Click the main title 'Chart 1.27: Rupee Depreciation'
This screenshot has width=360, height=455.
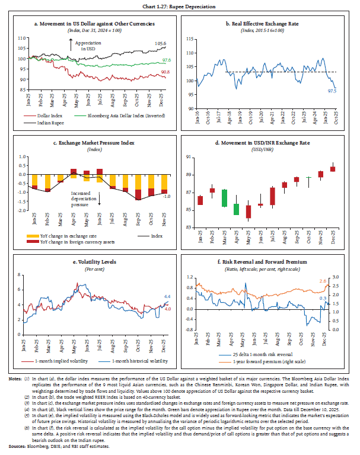pyautogui.click(x=180, y=7)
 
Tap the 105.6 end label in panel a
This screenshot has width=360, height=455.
pyautogui.click(x=161, y=43)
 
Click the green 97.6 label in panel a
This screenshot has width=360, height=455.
pyautogui.click(x=167, y=60)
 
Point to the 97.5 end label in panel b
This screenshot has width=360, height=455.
pyautogui.click(x=332, y=91)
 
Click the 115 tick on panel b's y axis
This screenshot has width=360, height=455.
pyautogui.click(x=190, y=39)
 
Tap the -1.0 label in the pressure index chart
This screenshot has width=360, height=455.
pyautogui.click(x=167, y=196)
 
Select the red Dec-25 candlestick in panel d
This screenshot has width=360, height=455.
pyautogui.click(x=333, y=169)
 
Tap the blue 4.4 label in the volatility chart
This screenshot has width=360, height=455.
pyautogui.click(x=167, y=296)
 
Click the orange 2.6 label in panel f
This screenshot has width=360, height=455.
pyautogui.click(x=323, y=281)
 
